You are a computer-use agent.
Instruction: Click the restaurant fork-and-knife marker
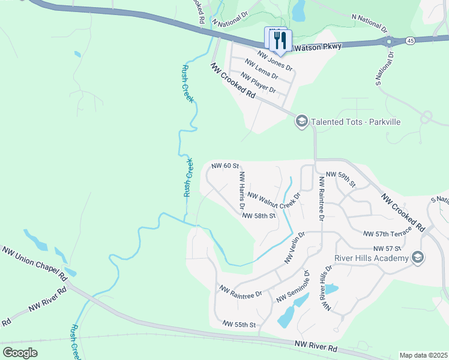279,40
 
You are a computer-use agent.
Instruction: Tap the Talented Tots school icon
301,122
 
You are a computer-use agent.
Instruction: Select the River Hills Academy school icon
418,258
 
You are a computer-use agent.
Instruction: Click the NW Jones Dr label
274,60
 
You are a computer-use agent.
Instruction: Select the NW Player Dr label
258,83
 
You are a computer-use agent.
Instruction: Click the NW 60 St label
225,166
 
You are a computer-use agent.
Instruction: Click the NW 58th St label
260,215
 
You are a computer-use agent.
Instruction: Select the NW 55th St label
239,325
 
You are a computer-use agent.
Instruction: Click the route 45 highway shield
410,40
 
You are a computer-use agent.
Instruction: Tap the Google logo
20,353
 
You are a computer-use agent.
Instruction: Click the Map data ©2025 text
423,355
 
